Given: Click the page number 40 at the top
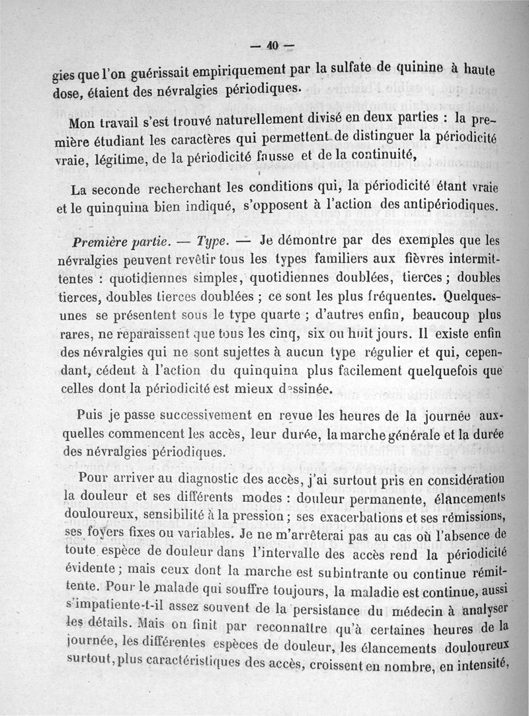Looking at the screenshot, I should click(x=272, y=46).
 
